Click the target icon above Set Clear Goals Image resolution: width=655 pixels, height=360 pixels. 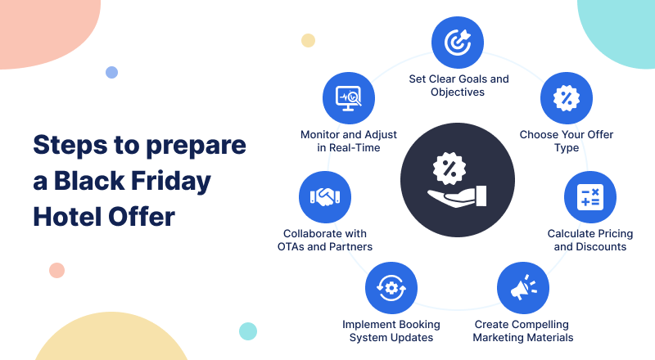click(458, 43)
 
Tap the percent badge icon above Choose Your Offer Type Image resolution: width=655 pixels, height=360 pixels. click(566, 98)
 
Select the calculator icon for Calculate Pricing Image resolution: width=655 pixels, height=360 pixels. click(589, 196)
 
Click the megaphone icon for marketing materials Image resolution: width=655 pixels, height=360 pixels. click(523, 288)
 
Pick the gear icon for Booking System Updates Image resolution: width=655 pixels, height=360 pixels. click(391, 288)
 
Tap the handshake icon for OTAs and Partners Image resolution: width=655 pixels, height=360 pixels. click(325, 196)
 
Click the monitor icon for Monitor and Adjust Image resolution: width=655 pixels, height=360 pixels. click(349, 98)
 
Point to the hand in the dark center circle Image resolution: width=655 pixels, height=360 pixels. click(457, 196)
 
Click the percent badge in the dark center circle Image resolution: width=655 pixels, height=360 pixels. click(449, 168)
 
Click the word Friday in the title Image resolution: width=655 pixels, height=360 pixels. click(171, 182)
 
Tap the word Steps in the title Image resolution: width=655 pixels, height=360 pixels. click(70, 146)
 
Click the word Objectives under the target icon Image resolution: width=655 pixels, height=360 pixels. click(458, 92)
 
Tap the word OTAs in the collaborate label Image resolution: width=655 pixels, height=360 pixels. click(291, 247)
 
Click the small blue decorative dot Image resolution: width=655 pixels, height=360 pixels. click(111, 72)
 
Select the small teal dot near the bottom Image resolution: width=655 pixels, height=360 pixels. click(248, 331)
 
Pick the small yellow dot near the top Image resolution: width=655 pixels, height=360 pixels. click(308, 41)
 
